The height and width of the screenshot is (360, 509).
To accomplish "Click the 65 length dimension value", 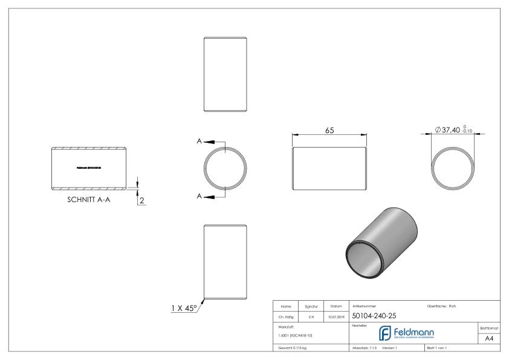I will (x=329, y=130).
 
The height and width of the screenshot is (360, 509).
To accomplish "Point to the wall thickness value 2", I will (x=142, y=200).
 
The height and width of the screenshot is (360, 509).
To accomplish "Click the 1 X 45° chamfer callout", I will (x=183, y=308).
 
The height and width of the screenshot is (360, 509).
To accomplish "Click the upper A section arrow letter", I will (x=199, y=141).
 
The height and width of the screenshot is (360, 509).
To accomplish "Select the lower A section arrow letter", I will (x=199, y=196).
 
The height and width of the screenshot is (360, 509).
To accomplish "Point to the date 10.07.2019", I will (x=336, y=316).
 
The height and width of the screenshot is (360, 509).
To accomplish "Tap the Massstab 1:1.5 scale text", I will (x=366, y=348).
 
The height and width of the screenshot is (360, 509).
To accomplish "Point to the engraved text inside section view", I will (x=89, y=167).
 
